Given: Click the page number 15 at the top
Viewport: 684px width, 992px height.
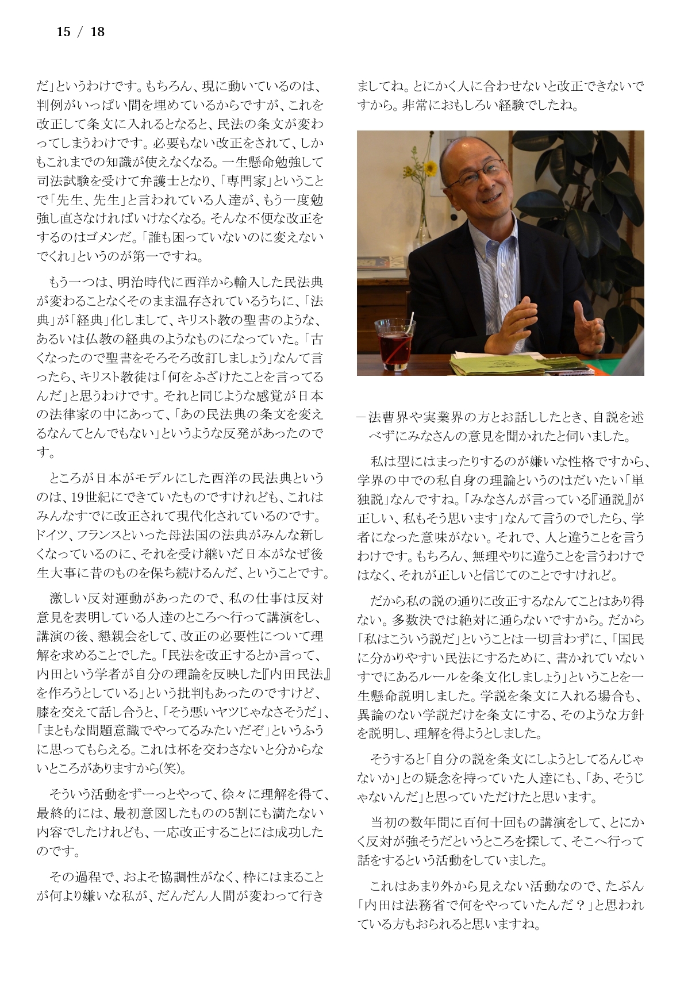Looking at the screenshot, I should pyautogui.click(x=63, y=32).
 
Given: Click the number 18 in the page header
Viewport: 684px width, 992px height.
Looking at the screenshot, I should pyautogui.click(x=98, y=32).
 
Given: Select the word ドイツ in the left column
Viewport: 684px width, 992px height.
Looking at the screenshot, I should pyautogui.click(x=50, y=535).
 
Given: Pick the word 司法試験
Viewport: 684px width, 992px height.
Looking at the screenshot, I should pyautogui.click(x=62, y=181).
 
